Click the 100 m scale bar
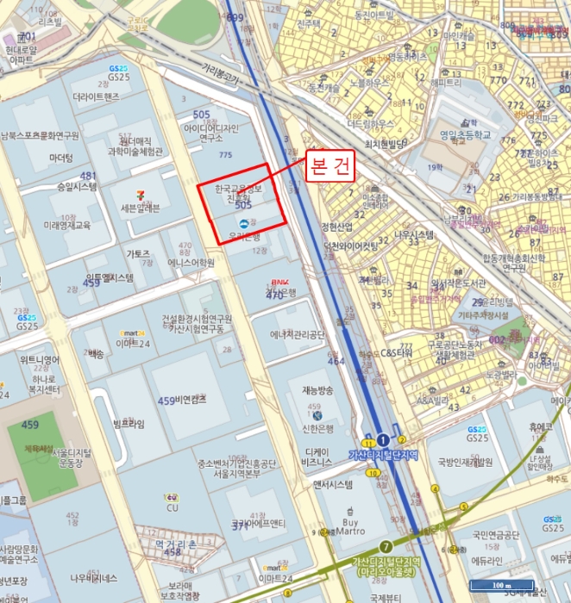click(x=500, y=586)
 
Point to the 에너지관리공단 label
click(x=298, y=335)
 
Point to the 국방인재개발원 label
click(x=464, y=462)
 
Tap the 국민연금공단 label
click(x=495, y=535)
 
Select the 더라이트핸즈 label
click(x=96, y=97)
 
